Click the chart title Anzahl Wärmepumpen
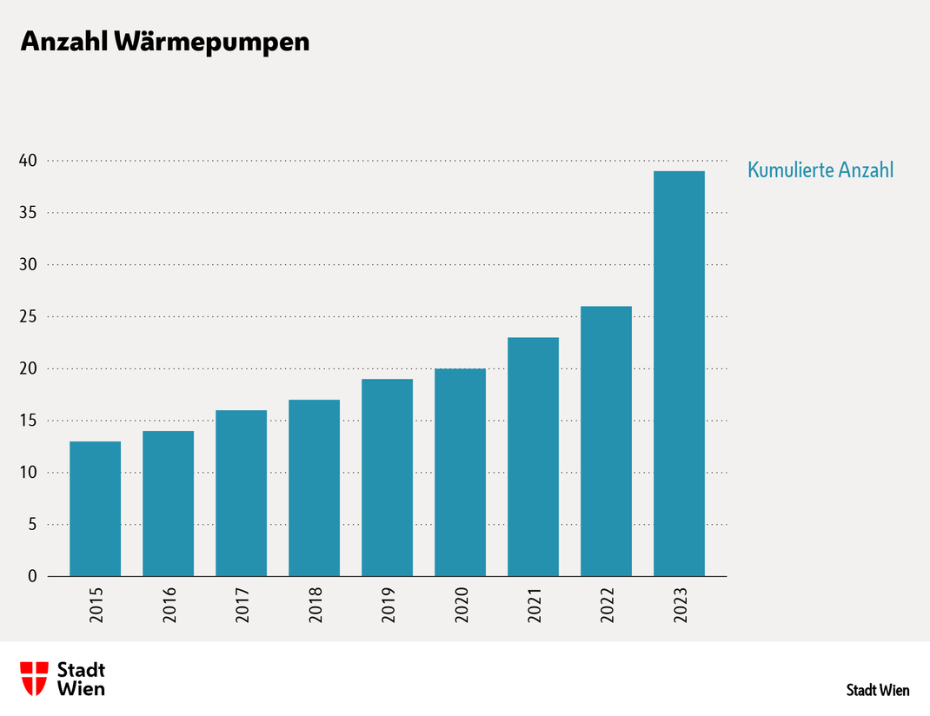[165, 42]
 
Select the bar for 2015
[96, 508]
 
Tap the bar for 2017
[242, 493]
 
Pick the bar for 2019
[388, 477]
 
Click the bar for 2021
[534, 456]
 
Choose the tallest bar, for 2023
[680, 374]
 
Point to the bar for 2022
[607, 441]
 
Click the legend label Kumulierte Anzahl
[820, 170]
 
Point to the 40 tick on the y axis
[28, 161]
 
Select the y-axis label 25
[28, 317]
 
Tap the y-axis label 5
[32, 525]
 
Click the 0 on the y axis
[32, 576]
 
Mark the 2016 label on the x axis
[169, 606]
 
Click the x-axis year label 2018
[315, 606]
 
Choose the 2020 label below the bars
[461, 606]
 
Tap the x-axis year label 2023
[680, 606]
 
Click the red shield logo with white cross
[35, 678]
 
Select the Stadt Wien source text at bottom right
[878, 691]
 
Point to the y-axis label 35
[28, 213]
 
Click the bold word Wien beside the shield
[81, 689]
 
